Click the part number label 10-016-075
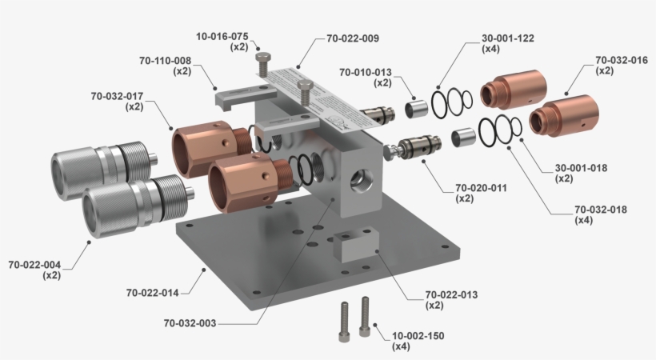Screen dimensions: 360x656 pos(222,36)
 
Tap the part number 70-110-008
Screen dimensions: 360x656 pos(164,60)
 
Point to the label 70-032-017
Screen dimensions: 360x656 pos(117,96)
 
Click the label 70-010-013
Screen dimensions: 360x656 pos(365,72)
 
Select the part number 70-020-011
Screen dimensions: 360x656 pos(481,188)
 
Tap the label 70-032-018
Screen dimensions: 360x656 pos(600,210)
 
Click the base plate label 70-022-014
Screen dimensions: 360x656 pos(152,293)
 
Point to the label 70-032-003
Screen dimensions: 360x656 pos(190,323)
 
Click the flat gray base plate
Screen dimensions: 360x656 pos(240,264)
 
